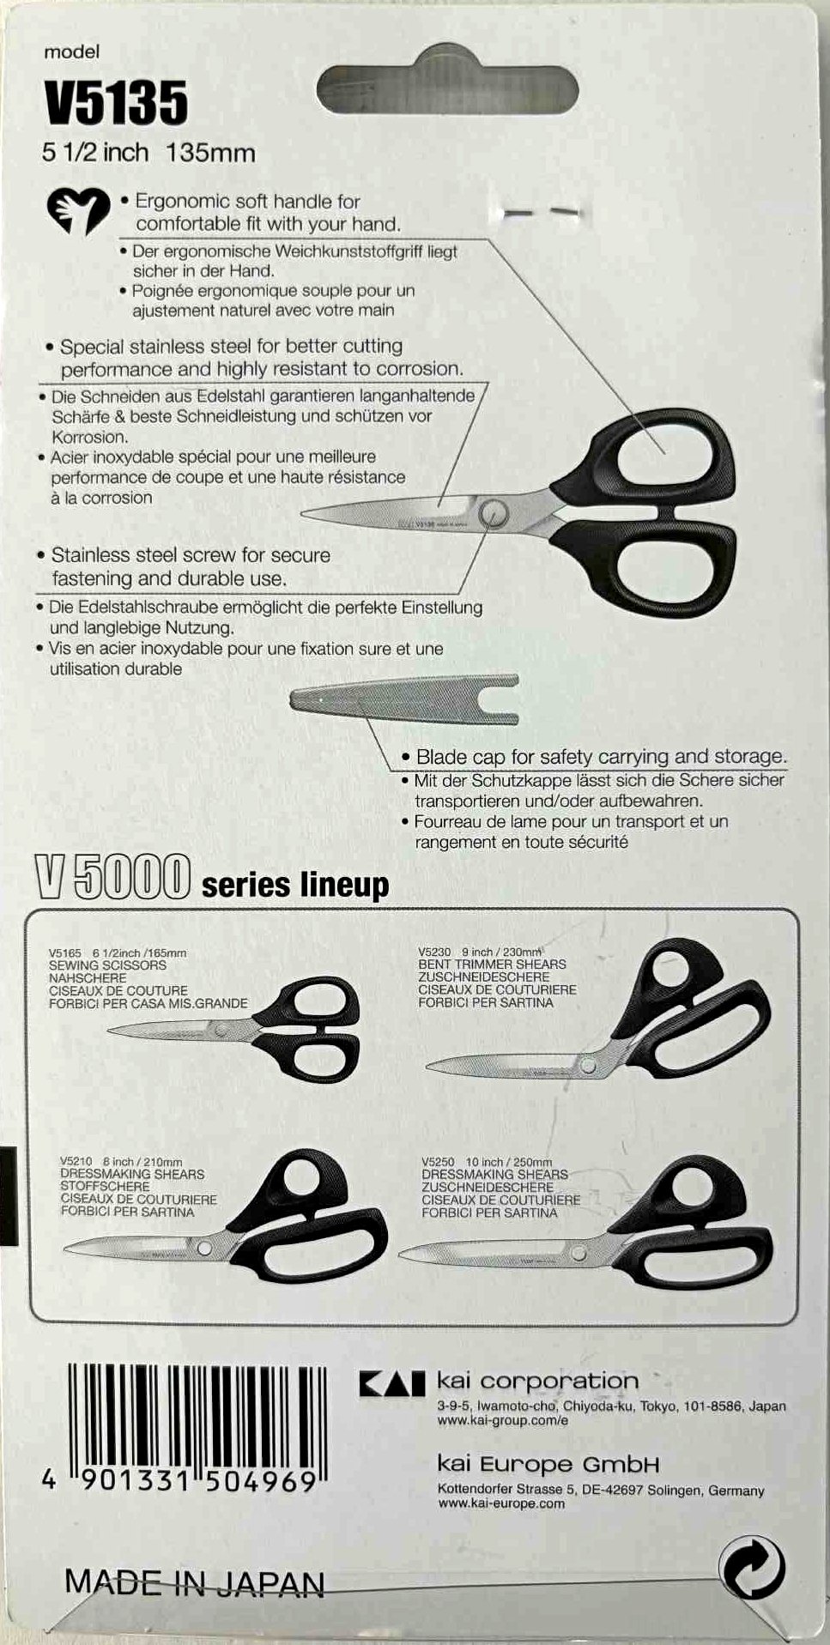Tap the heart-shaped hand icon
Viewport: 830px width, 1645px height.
click(x=78, y=210)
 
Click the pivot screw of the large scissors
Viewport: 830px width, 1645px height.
click(x=494, y=513)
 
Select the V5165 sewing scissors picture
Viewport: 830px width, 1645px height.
click(x=232, y=1031)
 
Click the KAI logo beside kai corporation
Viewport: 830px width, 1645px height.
click(x=391, y=1383)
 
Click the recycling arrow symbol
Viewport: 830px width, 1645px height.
click(x=753, y=1567)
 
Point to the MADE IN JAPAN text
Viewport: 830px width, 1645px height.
click(x=195, y=1583)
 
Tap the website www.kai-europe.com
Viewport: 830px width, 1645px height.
click(x=501, y=1503)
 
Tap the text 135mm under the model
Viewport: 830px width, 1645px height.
click(x=210, y=154)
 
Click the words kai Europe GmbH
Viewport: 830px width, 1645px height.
click(x=548, y=1464)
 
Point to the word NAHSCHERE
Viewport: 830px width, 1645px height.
click(x=88, y=977)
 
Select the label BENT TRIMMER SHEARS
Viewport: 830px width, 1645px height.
click(x=492, y=964)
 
